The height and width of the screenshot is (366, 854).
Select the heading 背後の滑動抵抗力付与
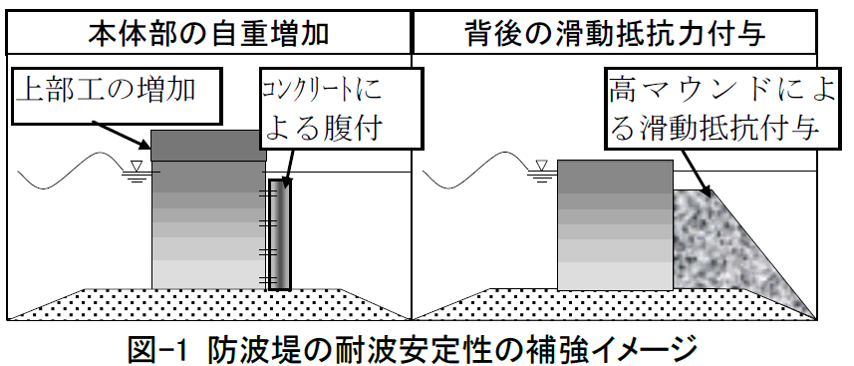click(630, 33)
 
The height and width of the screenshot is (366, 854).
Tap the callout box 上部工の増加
click(118, 92)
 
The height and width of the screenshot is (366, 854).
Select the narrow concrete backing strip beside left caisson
click(282, 235)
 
